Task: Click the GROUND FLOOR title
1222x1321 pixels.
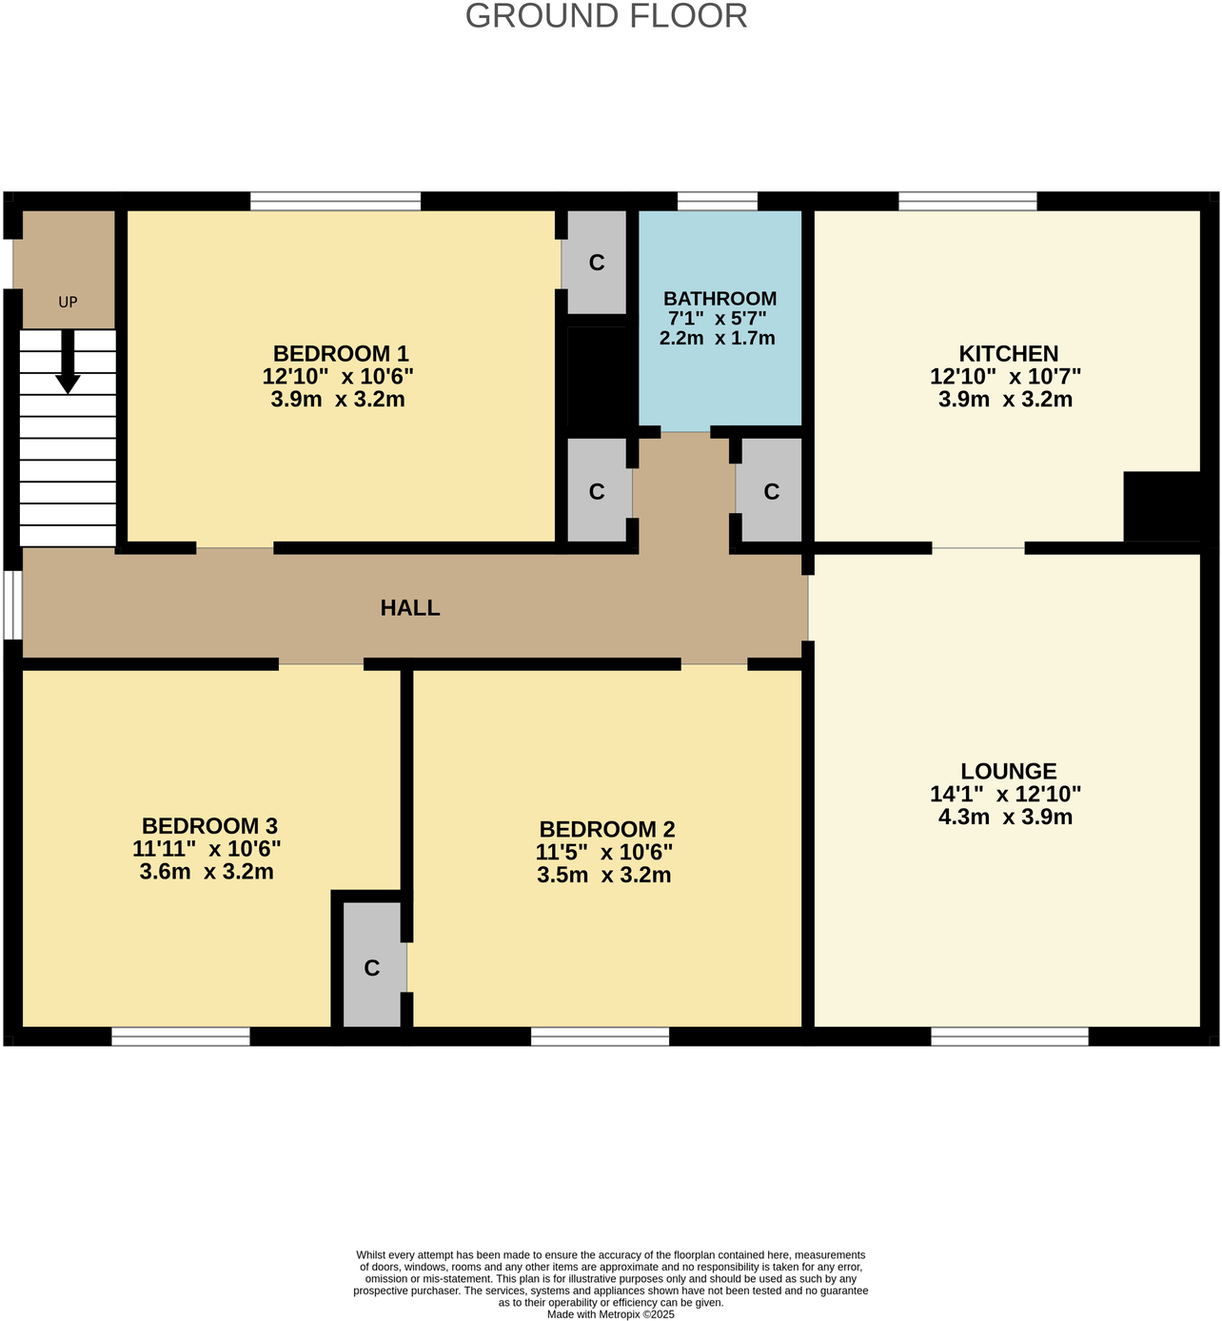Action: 606,16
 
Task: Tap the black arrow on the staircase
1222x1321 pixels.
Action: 68,362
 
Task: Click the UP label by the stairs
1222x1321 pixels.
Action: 68,303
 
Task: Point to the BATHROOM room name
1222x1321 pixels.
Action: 719,299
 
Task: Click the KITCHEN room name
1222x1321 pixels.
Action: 1008,354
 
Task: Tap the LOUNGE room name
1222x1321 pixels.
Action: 1008,772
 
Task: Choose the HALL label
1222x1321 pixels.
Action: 410,608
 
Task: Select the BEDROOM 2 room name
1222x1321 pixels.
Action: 606,830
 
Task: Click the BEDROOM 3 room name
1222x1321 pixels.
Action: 209,826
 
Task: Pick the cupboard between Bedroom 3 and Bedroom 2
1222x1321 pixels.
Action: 372,966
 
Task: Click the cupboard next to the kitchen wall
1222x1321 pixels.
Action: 771,491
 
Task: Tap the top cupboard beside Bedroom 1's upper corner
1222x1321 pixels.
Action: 597,263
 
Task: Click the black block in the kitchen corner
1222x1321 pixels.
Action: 1161,506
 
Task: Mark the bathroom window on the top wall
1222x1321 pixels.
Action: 718,201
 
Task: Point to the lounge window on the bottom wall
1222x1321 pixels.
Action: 1009,1036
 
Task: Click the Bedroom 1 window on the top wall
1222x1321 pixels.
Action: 335,201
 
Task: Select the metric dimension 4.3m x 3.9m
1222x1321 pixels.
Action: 1005,817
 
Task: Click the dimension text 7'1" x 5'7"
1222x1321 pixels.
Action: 717,319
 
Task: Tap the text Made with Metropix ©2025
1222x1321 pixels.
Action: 610,1314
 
